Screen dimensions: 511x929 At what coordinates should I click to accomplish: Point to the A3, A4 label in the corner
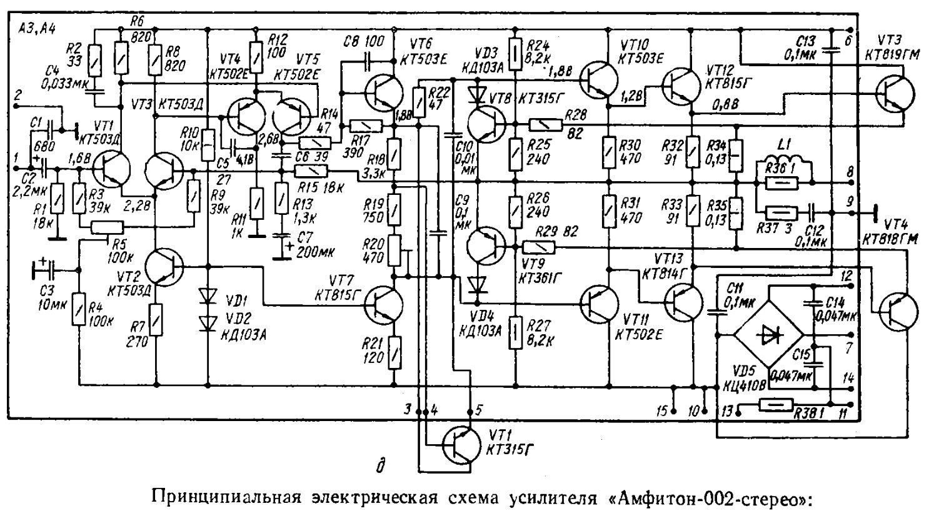click(36, 25)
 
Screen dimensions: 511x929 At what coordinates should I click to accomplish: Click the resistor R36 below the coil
click(781, 183)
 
